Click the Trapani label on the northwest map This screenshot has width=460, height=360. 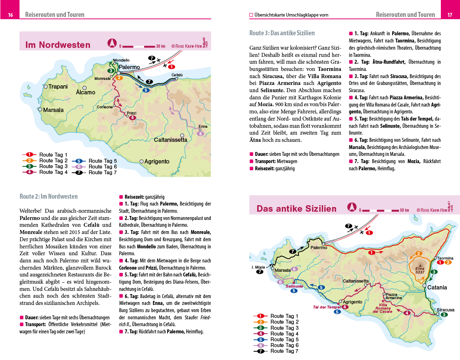click(x=58, y=87)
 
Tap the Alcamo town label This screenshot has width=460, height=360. click(x=86, y=93)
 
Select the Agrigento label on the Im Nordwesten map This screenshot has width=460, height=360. click(x=157, y=162)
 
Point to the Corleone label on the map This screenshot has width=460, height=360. click(x=104, y=107)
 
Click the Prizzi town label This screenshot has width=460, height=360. click(x=131, y=113)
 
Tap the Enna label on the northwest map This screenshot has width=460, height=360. click(x=203, y=126)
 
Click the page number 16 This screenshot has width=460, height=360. click(x=10, y=15)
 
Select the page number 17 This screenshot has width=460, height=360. click(x=450, y=15)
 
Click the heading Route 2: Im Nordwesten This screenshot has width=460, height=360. click(x=49, y=197)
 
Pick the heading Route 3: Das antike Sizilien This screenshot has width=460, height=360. click(x=282, y=33)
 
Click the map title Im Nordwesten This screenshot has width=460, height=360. click(x=58, y=45)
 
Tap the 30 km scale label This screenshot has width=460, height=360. click(x=161, y=46)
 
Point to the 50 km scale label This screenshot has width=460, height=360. click(x=404, y=210)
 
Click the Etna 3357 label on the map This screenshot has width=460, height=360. click(x=420, y=270)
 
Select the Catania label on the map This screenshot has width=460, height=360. click(x=437, y=288)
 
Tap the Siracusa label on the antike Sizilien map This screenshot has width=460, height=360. click(x=446, y=310)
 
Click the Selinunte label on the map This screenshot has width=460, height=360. click(x=294, y=287)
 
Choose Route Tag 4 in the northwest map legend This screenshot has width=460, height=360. click(x=53, y=172)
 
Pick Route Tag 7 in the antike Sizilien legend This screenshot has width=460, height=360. click(x=284, y=351)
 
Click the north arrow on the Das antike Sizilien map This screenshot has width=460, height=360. click(x=352, y=207)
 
